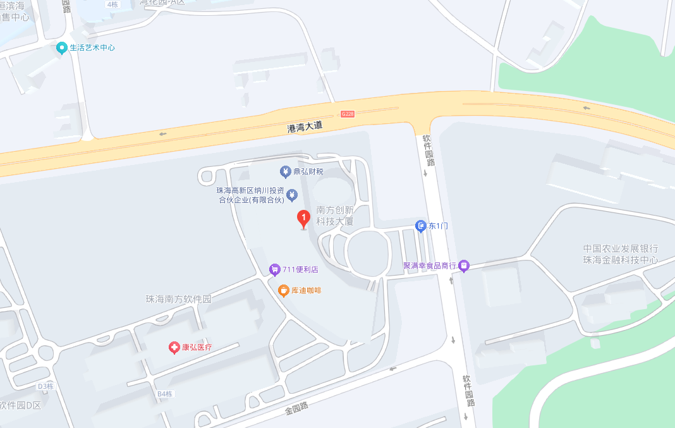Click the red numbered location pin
point(303,219)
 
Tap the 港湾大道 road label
point(305,127)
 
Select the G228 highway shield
point(348,114)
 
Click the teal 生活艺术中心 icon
point(61,48)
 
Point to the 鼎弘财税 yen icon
point(285,171)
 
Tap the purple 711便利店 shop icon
point(274,270)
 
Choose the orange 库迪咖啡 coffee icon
point(284,291)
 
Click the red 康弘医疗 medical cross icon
point(174,347)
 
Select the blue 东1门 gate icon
point(421,226)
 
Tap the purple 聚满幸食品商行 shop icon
point(464,266)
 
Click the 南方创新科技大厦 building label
point(335,216)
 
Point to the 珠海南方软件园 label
point(178,299)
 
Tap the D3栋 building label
point(46,386)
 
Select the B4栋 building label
point(164,394)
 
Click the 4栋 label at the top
point(113,4)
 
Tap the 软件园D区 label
point(20,405)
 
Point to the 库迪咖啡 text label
point(307,291)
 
